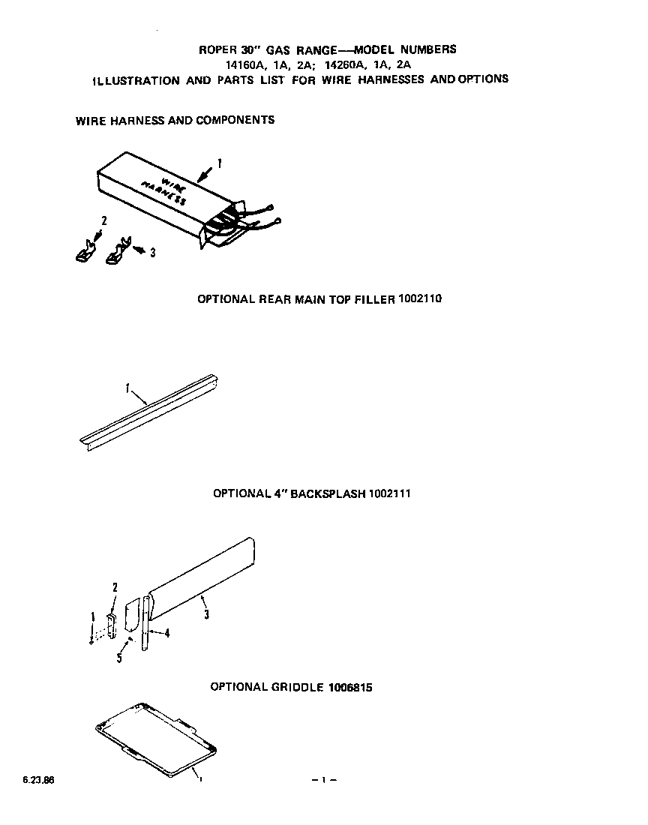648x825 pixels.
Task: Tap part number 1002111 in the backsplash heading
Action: click(x=389, y=493)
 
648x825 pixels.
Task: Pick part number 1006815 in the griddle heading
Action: click(x=349, y=687)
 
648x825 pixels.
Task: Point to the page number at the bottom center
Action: click(x=323, y=781)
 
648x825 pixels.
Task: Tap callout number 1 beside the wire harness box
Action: click(x=219, y=162)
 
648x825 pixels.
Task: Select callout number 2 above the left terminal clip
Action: click(x=104, y=220)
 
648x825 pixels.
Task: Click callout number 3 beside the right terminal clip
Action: click(x=152, y=253)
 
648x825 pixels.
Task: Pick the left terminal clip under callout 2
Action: click(x=85, y=250)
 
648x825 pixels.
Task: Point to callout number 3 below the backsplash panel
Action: click(x=206, y=615)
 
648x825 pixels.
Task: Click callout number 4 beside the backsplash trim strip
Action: click(x=166, y=633)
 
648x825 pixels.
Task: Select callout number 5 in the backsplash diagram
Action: click(x=119, y=658)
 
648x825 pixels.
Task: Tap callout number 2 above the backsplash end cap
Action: click(x=115, y=586)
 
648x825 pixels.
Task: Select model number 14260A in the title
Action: click(x=341, y=64)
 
